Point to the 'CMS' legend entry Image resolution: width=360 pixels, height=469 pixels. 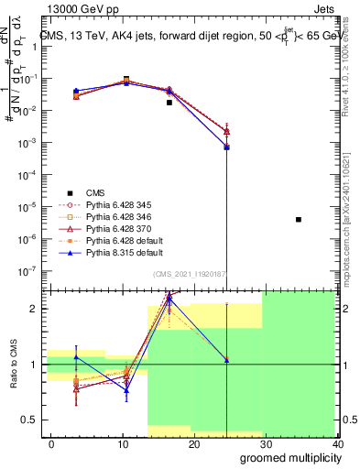(x=96, y=192)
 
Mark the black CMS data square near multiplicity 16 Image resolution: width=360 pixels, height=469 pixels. (x=169, y=103)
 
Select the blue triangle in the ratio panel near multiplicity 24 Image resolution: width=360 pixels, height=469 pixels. (x=226, y=360)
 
